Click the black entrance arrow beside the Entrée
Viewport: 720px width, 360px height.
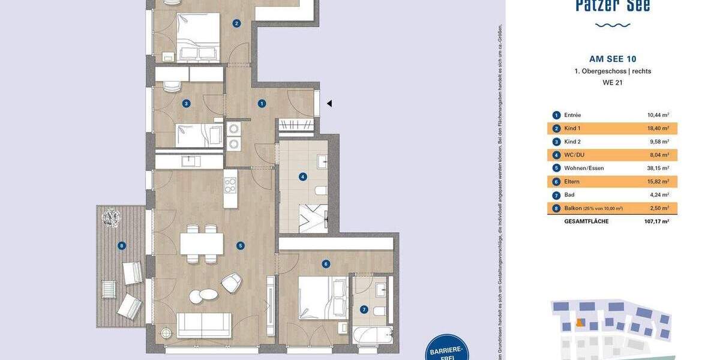pos(329,103)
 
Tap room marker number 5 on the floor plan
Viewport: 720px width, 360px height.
pos(240,245)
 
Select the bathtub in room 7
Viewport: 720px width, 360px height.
pos(373,334)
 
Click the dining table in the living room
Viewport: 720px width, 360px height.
pos(202,244)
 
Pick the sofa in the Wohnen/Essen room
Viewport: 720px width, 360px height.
pos(204,325)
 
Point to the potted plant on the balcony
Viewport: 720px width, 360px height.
pos(111,217)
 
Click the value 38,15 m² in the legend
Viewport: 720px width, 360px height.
pos(658,168)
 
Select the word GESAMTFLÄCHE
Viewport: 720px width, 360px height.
pos(586,221)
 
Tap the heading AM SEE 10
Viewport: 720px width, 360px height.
pos(613,59)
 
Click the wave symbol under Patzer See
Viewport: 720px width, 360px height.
pos(613,25)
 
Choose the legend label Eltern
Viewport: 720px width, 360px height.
pos(572,181)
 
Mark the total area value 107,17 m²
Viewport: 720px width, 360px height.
pos(656,221)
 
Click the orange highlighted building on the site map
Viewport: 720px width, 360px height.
pos(580,322)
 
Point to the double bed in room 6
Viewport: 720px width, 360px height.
pos(323,298)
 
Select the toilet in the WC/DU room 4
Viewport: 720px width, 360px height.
pos(320,191)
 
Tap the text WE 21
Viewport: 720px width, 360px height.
pos(613,83)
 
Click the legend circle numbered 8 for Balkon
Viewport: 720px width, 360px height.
pos(556,208)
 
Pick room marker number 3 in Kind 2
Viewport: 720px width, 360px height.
pos(186,103)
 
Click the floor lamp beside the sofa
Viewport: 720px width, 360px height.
pos(166,334)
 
